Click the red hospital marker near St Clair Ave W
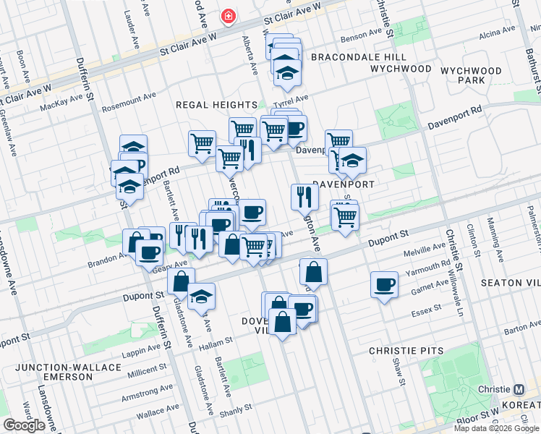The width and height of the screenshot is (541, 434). pos(229,16)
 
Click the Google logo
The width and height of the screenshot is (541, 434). pos(25,425)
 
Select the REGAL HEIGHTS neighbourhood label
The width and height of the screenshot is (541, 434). pos(217,105)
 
